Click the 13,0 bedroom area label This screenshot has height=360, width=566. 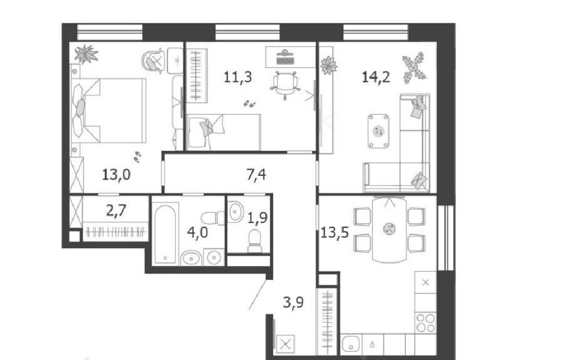pyautogui.click(x=116, y=175)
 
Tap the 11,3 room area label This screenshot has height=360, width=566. pyautogui.click(x=238, y=77)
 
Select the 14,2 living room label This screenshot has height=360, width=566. pyautogui.click(x=376, y=77)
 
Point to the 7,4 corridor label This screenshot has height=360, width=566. pyautogui.click(x=256, y=175)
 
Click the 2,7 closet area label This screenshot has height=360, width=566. pyautogui.click(x=116, y=210)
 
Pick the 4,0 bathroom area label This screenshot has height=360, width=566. pyautogui.click(x=197, y=232)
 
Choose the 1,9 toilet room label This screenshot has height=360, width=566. pyautogui.click(x=258, y=218)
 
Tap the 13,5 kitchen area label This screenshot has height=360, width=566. pyautogui.click(x=334, y=233)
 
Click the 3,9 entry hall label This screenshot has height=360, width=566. pyautogui.click(x=293, y=302)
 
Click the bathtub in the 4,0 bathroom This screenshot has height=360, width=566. pyautogui.click(x=165, y=234)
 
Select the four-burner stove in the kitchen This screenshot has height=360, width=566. pyautogui.click(x=426, y=322)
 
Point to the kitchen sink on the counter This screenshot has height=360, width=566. pyautogui.click(x=351, y=343)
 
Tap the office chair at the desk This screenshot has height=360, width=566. pyautogui.click(x=285, y=85)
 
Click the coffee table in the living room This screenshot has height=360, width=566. pyautogui.click(x=379, y=131)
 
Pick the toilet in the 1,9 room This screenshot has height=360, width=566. pyautogui.click(x=255, y=241)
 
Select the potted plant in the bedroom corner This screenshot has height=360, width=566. pyautogui.click(x=86, y=54)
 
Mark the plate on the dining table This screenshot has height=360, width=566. pyautogui.click(x=389, y=228)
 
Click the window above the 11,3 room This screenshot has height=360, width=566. pyautogui.click(x=248, y=32)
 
